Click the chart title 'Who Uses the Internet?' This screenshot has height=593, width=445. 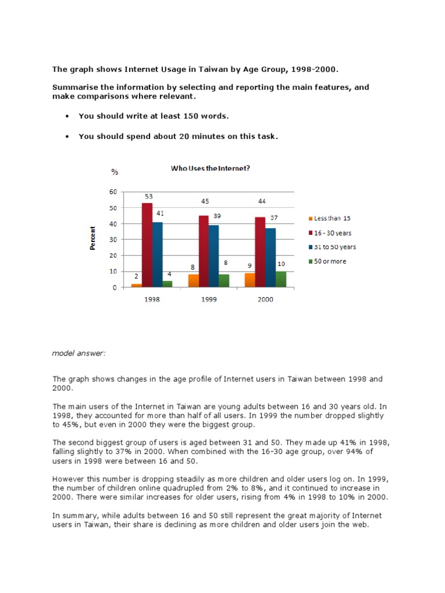point(210,169)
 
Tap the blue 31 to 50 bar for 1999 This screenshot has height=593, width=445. point(214,255)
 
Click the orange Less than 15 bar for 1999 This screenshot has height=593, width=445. point(194,280)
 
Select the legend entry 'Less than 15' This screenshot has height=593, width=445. point(333,218)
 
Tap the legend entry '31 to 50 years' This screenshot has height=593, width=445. point(336,247)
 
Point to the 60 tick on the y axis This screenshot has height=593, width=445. point(113,192)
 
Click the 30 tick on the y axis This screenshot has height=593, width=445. point(113,240)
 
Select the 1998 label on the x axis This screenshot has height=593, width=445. point(152,299)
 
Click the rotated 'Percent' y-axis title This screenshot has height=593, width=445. point(92,238)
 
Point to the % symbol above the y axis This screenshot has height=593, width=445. point(115,172)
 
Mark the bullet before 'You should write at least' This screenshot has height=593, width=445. point(68,116)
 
